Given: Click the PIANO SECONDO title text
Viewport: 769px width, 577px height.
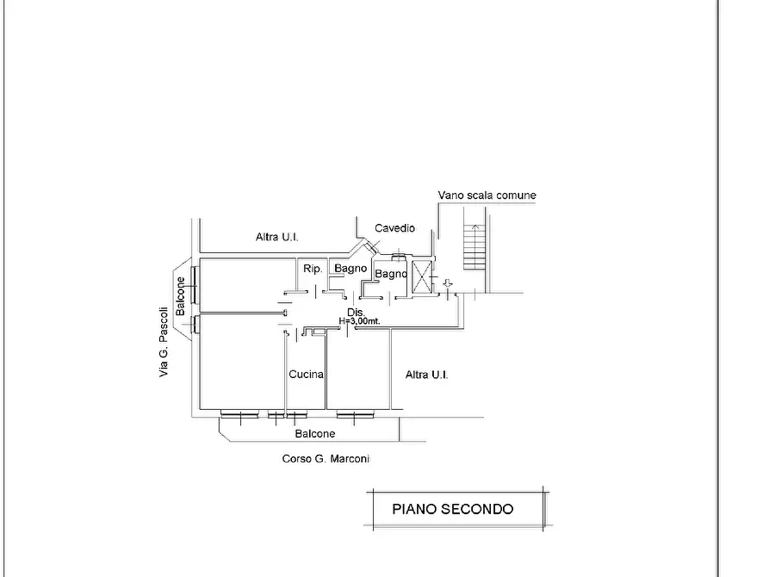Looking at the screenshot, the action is [x=453, y=509].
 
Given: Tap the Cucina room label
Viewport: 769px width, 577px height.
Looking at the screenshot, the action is [x=306, y=375].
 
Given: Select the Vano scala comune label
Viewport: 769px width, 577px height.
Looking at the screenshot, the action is [x=487, y=195].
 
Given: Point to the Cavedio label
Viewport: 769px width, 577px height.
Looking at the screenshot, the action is [x=394, y=228].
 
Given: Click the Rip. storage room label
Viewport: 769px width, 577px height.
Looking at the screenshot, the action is [x=313, y=269].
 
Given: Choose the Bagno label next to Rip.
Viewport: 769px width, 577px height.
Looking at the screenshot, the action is [x=350, y=269].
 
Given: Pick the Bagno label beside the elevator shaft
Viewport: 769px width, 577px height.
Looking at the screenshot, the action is [x=391, y=274].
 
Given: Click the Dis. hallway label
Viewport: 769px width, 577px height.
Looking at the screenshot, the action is [x=356, y=313].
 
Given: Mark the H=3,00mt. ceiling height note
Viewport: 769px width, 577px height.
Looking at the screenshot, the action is [x=359, y=321].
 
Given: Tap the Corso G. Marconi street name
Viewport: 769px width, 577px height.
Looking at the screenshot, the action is [x=326, y=459].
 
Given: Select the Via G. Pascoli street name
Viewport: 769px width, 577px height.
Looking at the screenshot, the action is [x=164, y=342].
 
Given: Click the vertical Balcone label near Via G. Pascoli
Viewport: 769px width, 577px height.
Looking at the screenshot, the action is [x=181, y=296].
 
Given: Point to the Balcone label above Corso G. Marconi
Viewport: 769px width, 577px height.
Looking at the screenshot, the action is [x=315, y=434].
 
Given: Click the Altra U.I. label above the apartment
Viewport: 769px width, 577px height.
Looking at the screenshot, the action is [x=276, y=237].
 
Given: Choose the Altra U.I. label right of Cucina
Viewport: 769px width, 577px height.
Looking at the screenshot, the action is [x=426, y=375].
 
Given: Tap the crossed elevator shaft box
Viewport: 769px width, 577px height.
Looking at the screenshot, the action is [x=422, y=277].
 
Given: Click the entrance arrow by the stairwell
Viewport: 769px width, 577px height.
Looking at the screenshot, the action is [x=447, y=283].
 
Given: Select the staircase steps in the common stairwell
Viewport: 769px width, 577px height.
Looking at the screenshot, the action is [x=474, y=247].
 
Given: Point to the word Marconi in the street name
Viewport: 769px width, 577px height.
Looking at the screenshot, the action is [x=350, y=459].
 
